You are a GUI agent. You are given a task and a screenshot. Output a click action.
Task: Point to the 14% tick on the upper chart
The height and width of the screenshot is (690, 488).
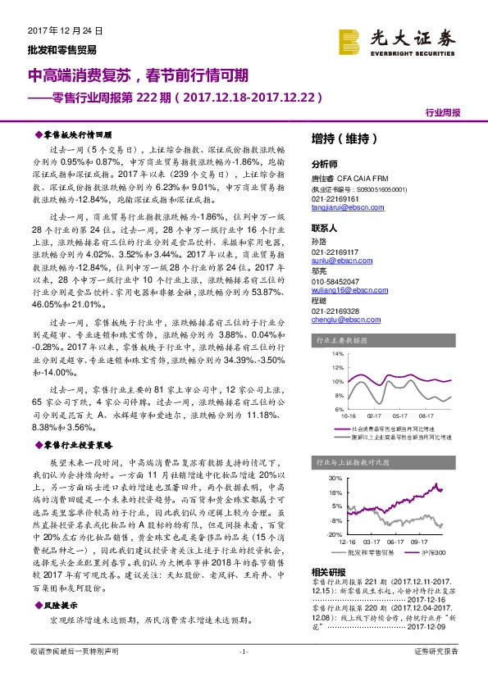click(x=337, y=354)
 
